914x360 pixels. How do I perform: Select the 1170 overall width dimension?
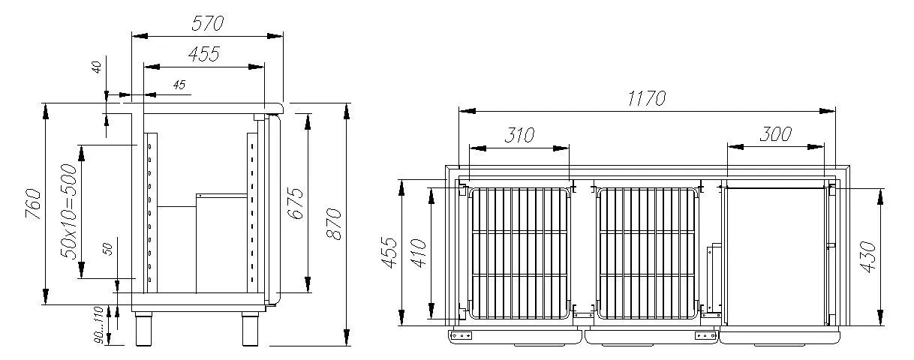coord(646,98)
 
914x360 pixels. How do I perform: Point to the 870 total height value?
coord(335,223)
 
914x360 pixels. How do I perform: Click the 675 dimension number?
coord(295,203)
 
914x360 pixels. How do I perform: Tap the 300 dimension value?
coord(776,134)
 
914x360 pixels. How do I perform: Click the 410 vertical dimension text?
coord(419,253)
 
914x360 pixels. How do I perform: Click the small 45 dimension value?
coord(178,85)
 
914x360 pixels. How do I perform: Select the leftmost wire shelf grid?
coord(518,252)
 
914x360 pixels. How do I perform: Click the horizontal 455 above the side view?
coord(203,54)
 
